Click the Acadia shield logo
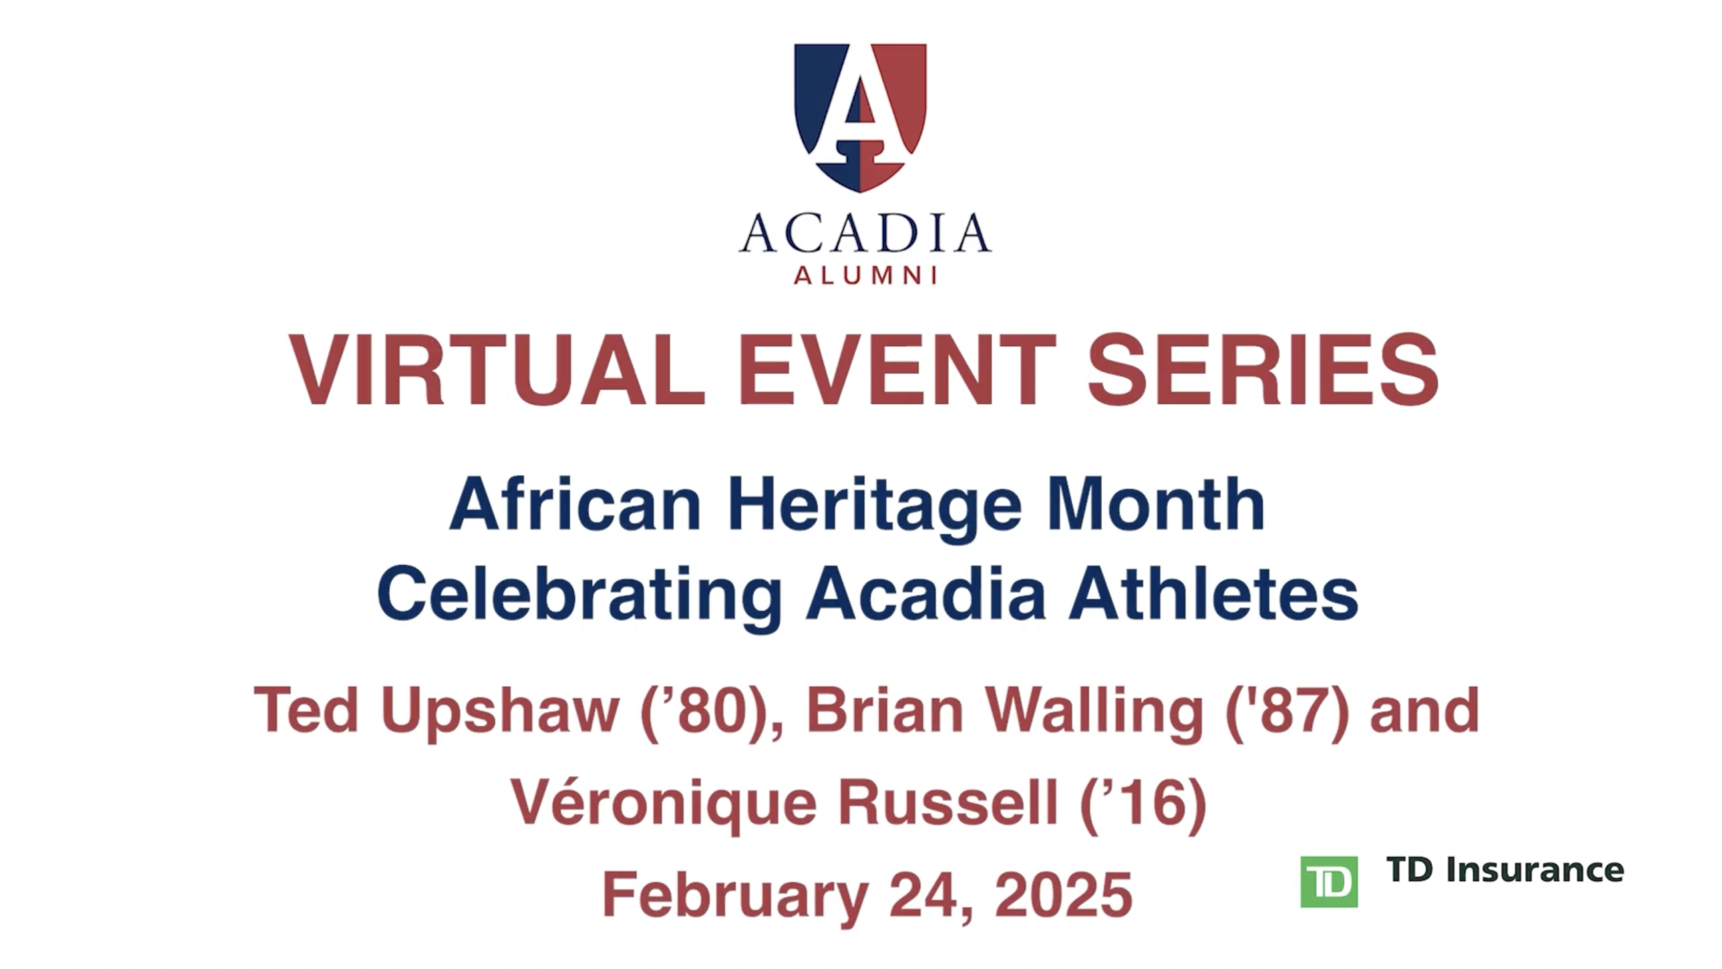pyautogui.click(x=860, y=117)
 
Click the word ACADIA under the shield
pyautogui.click(x=864, y=233)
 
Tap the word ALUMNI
pyautogui.click(x=865, y=276)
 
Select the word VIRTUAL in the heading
pyautogui.click(x=497, y=370)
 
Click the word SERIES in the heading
pyautogui.click(x=1263, y=370)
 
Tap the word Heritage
pyautogui.click(x=875, y=508)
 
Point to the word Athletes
pyautogui.click(x=1213, y=594)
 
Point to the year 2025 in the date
pyautogui.click(x=1063, y=895)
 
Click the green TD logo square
pyautogui.click(x=1329, y=881)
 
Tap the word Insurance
pyautogui.click(x=1535, y=870)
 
